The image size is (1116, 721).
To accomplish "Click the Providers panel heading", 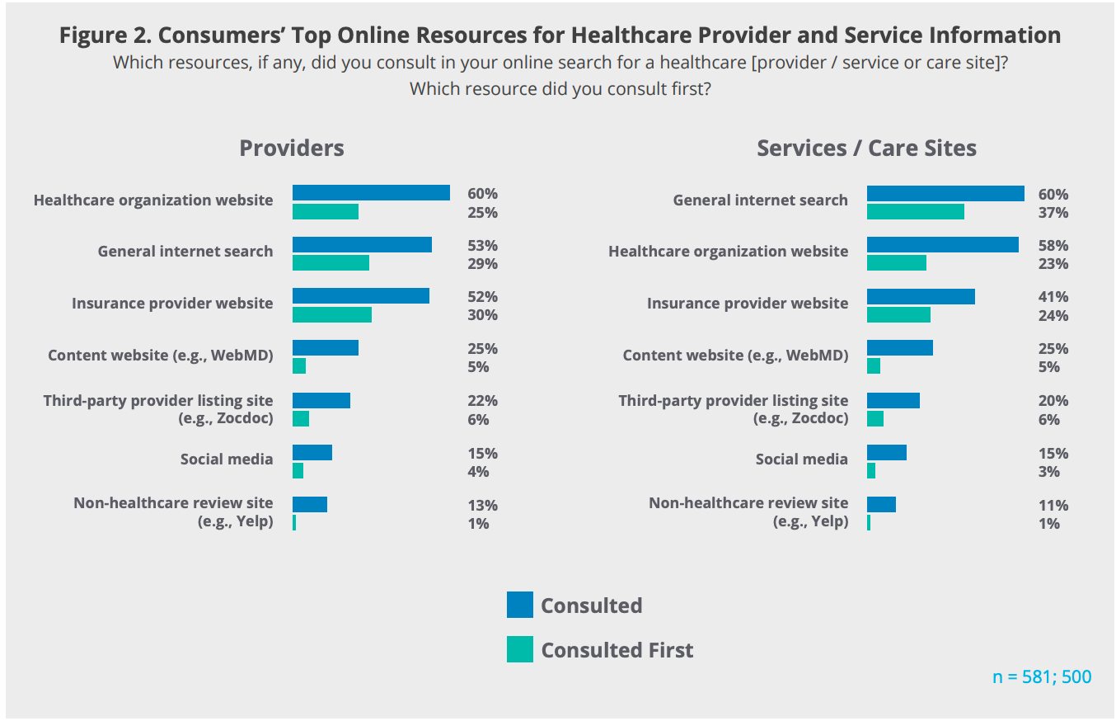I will click(291, 148).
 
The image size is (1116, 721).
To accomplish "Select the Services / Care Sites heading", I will click(866, 148).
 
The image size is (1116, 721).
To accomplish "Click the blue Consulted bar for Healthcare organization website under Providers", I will click(371, 193).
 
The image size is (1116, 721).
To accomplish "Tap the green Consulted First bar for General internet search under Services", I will click(915, 212).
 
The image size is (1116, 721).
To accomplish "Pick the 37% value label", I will click(1053, 213).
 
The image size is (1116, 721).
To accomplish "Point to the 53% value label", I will click(482, 246).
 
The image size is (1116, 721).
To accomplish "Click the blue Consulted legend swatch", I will click(520, 605).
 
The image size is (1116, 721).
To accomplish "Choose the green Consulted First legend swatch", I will click(520, 649).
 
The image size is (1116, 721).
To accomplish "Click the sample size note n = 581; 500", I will click(1042, 677).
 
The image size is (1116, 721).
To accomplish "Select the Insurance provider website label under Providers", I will click(172, 304).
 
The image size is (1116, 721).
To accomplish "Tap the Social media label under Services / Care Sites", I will click(801, 459).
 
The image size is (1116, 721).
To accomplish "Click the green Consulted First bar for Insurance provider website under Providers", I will click(331, 315).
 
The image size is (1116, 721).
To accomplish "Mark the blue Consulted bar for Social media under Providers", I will click(312, 453).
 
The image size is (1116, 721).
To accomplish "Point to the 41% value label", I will click(1053, 297).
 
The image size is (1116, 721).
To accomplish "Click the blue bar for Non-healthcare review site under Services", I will click(881, 505).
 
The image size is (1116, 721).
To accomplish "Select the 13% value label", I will click(482, 506).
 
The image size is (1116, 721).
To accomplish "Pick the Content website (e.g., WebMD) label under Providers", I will click(160, 356).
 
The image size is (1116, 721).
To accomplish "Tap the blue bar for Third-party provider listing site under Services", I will click(893, 401).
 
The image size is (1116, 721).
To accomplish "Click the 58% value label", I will click(1053, 246).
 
